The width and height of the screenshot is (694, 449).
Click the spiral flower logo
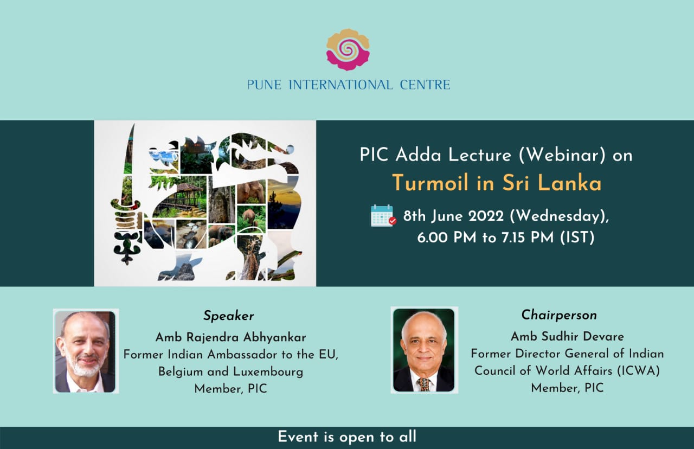point(348,49)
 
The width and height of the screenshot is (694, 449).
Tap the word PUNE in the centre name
point(264,85)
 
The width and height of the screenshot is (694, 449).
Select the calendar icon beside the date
point(383,216)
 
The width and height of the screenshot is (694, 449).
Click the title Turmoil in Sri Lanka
point(497,183)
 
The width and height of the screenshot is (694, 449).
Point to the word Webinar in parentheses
point(562,155)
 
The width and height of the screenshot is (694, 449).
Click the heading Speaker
point(229,316)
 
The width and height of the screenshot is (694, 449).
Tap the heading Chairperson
point(559,315)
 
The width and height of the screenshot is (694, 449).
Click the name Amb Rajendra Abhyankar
point(230,337)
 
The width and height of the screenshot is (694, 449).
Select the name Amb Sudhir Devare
point(567,337)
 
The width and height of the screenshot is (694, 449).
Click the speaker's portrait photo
point(86,351)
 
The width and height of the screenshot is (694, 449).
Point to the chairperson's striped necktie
point(423,384)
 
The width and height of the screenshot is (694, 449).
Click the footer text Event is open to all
point(347,437)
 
